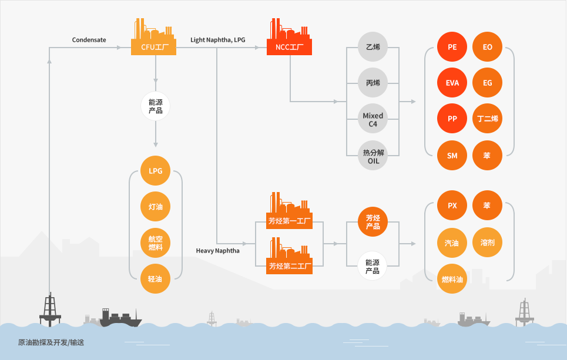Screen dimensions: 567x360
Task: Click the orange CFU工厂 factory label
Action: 154,47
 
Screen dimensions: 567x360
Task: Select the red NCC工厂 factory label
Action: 289,47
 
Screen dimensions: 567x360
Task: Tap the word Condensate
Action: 89,40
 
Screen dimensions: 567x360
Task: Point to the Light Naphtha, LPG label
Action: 217,40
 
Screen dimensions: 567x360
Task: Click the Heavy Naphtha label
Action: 217,251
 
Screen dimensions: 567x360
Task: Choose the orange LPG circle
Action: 156,170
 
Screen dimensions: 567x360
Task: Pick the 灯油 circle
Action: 156,206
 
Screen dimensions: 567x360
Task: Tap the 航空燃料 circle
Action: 156,243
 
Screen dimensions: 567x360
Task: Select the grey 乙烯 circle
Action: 373,46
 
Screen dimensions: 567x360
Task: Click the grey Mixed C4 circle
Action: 373,119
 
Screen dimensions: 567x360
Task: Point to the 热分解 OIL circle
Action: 373,156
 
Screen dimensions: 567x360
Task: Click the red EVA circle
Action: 452,83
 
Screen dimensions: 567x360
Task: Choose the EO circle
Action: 488,46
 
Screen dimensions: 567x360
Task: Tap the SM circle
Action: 452,156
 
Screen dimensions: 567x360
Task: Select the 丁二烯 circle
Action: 488,119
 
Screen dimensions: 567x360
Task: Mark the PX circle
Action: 452,206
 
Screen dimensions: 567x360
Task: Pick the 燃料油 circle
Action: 452,279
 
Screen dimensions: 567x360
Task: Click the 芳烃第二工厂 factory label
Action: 289,266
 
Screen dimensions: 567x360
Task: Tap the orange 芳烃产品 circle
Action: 373,221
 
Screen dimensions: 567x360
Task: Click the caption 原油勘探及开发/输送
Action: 51,342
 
